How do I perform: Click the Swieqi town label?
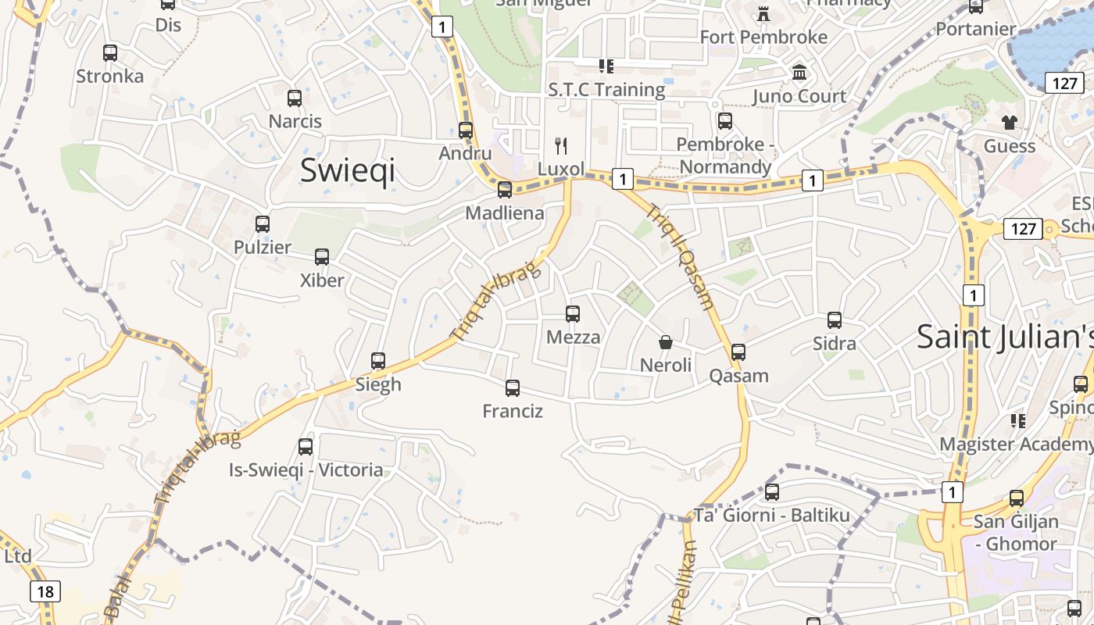[347, 170]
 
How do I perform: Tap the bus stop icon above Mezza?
[573, 314]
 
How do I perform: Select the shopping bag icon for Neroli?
[666, 342]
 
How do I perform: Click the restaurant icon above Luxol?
[560, 145]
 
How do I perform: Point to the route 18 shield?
[45, 591]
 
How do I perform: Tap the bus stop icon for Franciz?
[513, 388]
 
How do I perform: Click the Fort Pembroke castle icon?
[763, 13]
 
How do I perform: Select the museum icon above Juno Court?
[799, 73]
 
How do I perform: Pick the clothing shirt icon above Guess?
[1010, 122]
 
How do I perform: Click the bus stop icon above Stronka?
[110, 53]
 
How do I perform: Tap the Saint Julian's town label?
[1004, 337]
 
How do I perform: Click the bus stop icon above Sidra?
[835, 320]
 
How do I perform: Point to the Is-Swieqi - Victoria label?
[306, 470]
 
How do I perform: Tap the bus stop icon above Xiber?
[322, 256]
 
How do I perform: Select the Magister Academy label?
[1016, 444]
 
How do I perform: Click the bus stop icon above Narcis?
[295, 98]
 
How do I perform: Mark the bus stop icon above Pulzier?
[263, 224]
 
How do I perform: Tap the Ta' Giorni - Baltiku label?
[771, 515]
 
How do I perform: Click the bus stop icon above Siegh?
[378, 361]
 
